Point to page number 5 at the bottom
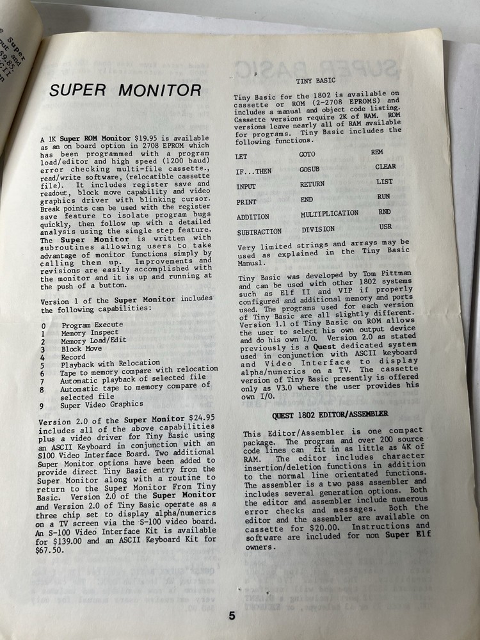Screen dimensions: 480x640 pyautogui.click(x=232, y=616)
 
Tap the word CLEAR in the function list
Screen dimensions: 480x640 pyautogui.click(x=385, y=166)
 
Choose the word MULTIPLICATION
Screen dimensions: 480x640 pyautogui.click(x=329, y=214)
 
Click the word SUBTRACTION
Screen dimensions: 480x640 pyautogui.click(x=259, y=232)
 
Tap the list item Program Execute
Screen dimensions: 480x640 pyautogui.click(x=92, y=325)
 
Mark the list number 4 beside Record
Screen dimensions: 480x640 pyautogui.click(x=42, y=357)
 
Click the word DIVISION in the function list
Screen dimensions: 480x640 pyautogui.click(x=318, y=229)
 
